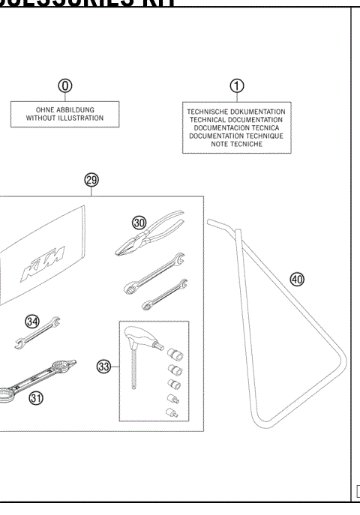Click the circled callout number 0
point(66,85)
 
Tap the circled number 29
point(91,180)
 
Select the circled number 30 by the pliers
point(139,222)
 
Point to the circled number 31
point(35,398)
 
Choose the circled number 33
point(104,367)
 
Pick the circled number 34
point(31,321)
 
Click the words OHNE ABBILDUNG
point(65,110)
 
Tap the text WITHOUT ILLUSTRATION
point(65,118)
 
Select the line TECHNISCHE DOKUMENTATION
point(235,112)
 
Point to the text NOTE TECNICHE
point(235,144)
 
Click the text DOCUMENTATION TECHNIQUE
point(235,136)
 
